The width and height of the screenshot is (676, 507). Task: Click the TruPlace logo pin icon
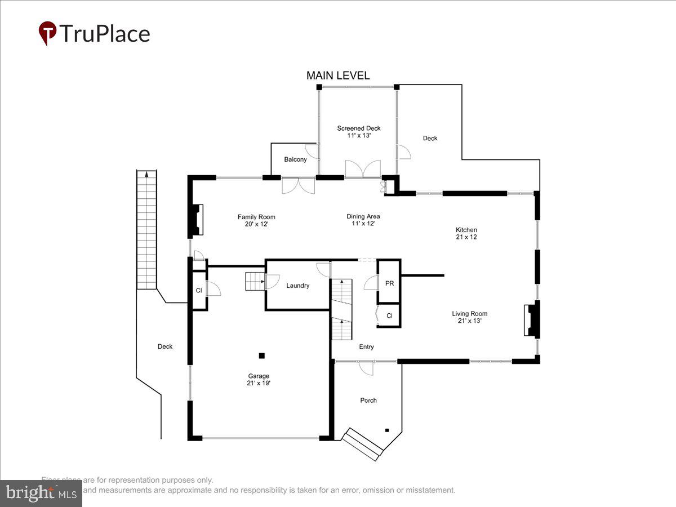pyautogui.click(x=47, y=33)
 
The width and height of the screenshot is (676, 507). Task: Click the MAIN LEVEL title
pyautogui.click(x=338, y=75)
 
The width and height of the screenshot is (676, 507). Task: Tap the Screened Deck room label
pyautogui.click(x=359, y=128)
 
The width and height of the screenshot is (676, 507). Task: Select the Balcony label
pyautogui.click(x=295, y=159)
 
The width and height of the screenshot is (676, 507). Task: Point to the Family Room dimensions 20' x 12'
pyautogui.click(x=256, y=224)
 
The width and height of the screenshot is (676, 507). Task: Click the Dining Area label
pyautogui.click(x=363, y=216)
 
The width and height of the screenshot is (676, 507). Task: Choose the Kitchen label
pyautogui.click(x=466, y=230)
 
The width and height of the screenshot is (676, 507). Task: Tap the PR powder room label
pyautogui.click(x=389, y=283)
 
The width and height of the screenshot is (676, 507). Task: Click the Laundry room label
pyautogui.click(x=297, y=286)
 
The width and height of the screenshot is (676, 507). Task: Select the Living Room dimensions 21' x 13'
pyautogui.click(x=469, y=321)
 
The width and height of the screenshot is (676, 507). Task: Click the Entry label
pyautogui.click(x=366, y=347)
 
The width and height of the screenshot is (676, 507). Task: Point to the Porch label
pyautogui.click(x=368, y=401)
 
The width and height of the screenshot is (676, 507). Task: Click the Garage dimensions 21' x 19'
pyautogui.click(x=259, y=383)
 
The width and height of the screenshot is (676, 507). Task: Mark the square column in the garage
pyautogui.click(x=261, y=355)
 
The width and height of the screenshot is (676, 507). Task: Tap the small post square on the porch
pyautogui.click(x=387, y=430)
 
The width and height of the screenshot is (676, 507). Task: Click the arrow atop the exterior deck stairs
pyautogui.click(x=146, y=174)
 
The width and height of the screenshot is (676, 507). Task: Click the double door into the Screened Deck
pyautogui.click(x=362, y=170)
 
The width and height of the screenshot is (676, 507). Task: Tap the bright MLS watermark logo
pyautogui.click(x=41, y=493)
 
